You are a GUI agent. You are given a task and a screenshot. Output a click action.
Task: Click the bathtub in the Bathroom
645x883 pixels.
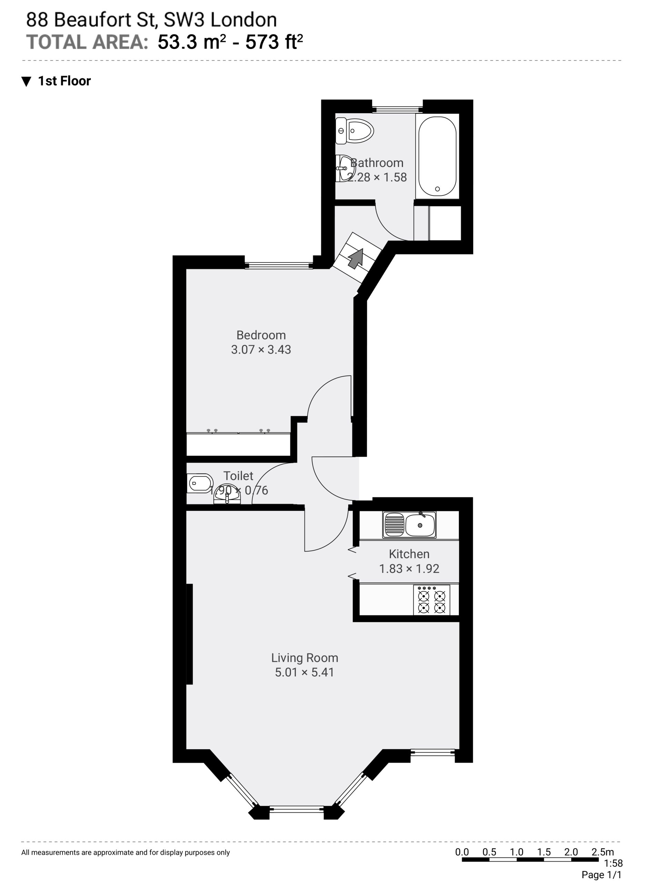click(x=437, y=156)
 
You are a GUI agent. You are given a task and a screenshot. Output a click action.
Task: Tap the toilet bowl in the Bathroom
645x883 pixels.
click(x=355, y=131)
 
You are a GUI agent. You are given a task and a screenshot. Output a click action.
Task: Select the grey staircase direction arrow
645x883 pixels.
click(x=356, y=259)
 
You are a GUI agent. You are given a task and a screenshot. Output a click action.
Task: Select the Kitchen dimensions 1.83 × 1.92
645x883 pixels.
click(x=409, y=569)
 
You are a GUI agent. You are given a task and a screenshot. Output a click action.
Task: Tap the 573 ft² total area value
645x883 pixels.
click(x=274, y=42)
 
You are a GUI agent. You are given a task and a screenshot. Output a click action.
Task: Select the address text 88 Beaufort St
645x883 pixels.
click(x=92, y=20)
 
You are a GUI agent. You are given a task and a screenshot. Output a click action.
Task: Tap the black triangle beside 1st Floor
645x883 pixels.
click(x=26, y=82)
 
